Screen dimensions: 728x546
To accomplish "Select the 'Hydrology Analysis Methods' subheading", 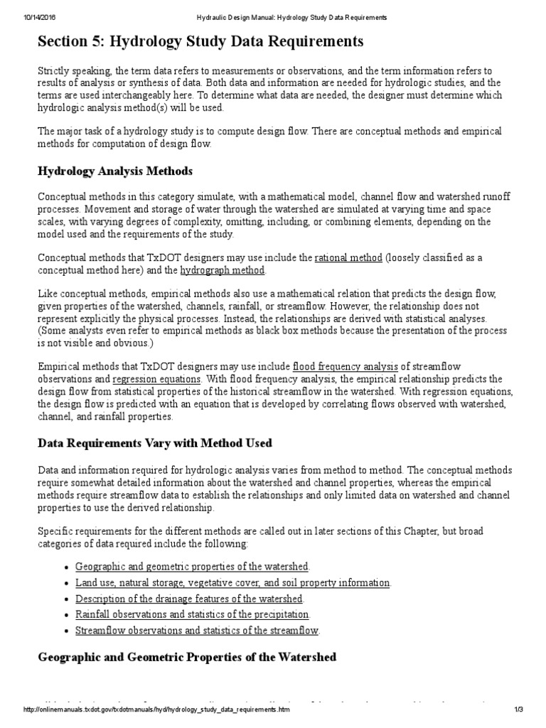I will pyautogui.click(x=114, y=171).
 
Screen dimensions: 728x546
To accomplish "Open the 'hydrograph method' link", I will pyautogui.click(x=223, y=270).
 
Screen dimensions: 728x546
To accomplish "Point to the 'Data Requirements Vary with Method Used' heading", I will pyautogui.click(x=154, y=443).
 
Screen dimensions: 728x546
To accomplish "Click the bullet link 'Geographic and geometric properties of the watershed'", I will pyautogui.click(x=192, y=566).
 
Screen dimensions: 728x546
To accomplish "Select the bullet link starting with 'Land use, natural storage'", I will pyautogui.click(x=232, y=582).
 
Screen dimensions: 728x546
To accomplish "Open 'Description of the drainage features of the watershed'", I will pyautogui.click(x=189, y=599).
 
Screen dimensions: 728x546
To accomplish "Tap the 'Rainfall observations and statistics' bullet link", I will pyautogui.click(x=192, y=614).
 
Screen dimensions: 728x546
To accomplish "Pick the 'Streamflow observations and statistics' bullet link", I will pyautogui.click(x=197, y=630).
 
